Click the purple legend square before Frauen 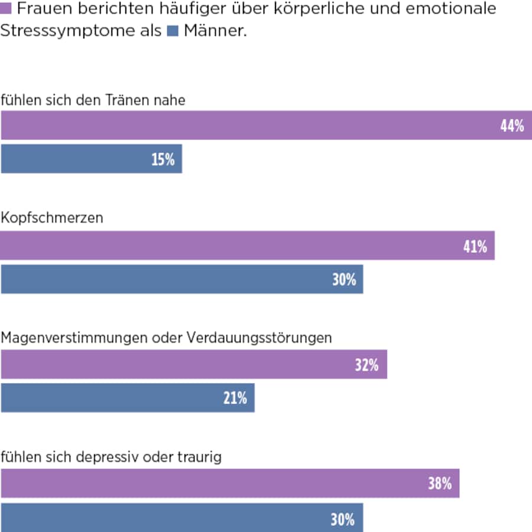tap(5, 9)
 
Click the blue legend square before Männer tap(173, 31)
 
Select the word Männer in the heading tap(215, 31)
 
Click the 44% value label tap(512, 126)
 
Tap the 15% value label tap(163, 160)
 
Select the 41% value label tap(475, 246)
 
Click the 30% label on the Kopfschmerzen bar tap(344, 280)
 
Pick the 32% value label tap(366, 365)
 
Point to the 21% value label tap(235, 398)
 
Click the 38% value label tap(440, 484)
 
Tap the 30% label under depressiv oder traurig tap(343, 519)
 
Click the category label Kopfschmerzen tap(52, 218)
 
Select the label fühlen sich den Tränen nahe tap(93, 100)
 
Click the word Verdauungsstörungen tap(259, 338)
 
